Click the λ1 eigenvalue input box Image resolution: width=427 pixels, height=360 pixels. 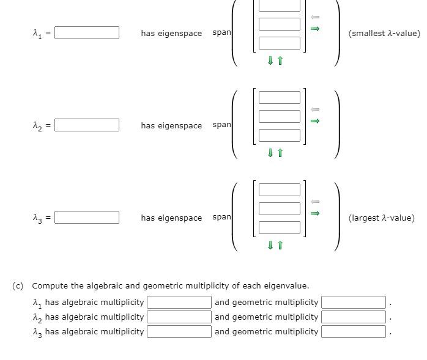[87, 33]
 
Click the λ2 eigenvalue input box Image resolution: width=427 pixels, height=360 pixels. [87, 125]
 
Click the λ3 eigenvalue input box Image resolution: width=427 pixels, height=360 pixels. [87, 218]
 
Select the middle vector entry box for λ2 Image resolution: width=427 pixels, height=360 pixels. [279, 116]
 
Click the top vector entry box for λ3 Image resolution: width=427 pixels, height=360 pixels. [279, 189]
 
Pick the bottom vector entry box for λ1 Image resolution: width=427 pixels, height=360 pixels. [279, 43]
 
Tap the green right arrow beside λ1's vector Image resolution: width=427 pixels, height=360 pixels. [315, 29]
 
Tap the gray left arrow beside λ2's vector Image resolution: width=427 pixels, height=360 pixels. [315, 109]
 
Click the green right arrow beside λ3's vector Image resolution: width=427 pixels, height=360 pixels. [315, 213]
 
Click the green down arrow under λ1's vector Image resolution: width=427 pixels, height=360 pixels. [270, 61]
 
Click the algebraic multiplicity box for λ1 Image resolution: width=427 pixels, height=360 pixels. [179, 303]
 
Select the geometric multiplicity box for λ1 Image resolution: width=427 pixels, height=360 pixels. [354, 303]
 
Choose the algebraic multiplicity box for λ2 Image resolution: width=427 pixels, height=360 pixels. [179, 317]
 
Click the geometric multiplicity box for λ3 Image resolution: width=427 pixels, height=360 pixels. [354, 332]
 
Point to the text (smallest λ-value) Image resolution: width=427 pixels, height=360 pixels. [384, 34]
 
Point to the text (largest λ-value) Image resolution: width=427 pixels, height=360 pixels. [381, 218]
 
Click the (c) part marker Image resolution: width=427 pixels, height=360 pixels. [18, 286]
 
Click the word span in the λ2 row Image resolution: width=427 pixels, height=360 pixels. [221, 125]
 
